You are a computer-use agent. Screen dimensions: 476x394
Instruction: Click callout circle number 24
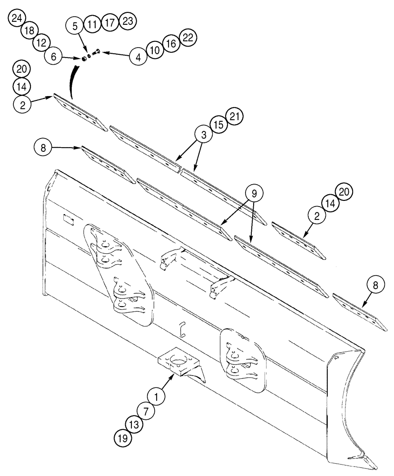click(17, 19)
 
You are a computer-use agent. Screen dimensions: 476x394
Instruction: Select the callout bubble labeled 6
click(53, 57)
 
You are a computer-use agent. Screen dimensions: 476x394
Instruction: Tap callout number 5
click(75, 26)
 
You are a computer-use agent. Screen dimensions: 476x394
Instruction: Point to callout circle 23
click(128, 21)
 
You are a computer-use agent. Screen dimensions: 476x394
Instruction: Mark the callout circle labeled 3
click(203, 135)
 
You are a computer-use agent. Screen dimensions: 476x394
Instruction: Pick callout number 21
click(235, 117)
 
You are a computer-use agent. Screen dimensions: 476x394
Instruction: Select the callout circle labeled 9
click(254, 194)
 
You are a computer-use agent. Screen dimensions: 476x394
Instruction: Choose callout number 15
click(219, 126)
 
